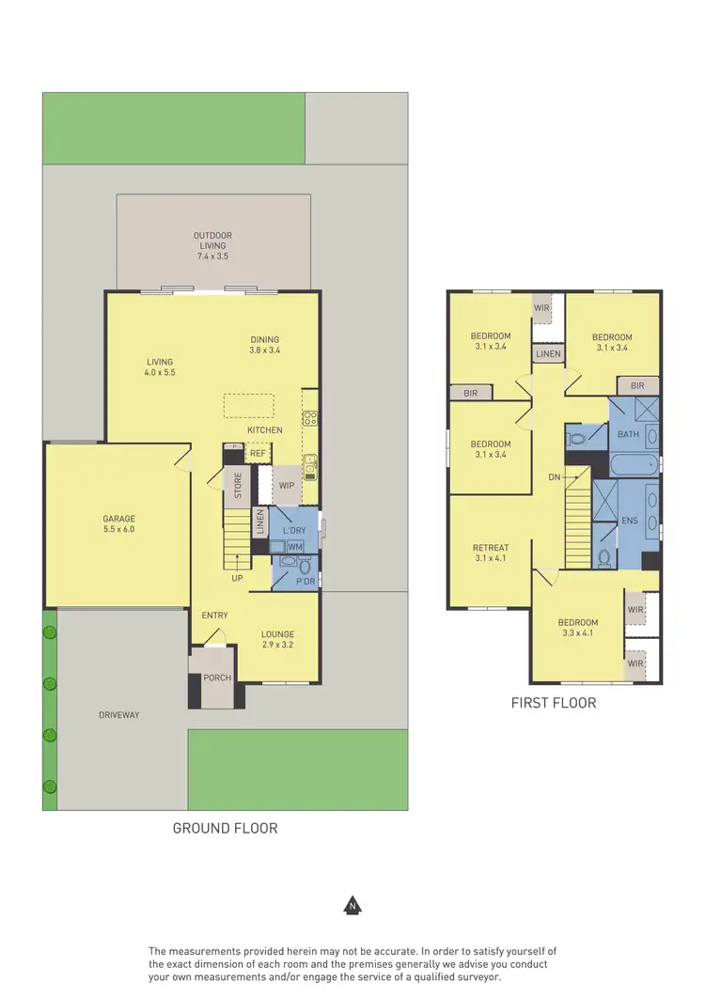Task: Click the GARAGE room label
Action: pyautogui.click(x=119, y=519)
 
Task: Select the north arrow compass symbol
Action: pyautogui.click(x=352, y=906)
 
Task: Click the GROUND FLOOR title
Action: pyautogui.click(x=225, y=828)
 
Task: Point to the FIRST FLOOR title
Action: pyautogui.click(x=554, y=702)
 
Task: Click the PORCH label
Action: pyautogui.click(x=217, y=678)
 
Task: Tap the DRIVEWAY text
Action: pyautogui.click(x=118, y=715)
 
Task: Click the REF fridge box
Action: pyautogui.click(x=258, y=453)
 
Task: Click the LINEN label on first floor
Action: pyautogui.click(x=548, y=354)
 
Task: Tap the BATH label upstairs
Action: pyautogui.click(x=627, y=434)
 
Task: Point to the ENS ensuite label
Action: pyautogui.click(x=629, y=520)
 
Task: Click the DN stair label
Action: pyautogui.click(x=555, y=477)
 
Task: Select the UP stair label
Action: pyautogui.click(x=238, y=578)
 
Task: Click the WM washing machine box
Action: pyautogui.click(x=294, y=547)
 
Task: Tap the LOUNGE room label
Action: pyautogui.click(x=278, y=634)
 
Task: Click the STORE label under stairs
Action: pyautogui.click(x=239, y=485)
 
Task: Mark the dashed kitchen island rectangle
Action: pyautogui.click(x=249, y=405)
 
